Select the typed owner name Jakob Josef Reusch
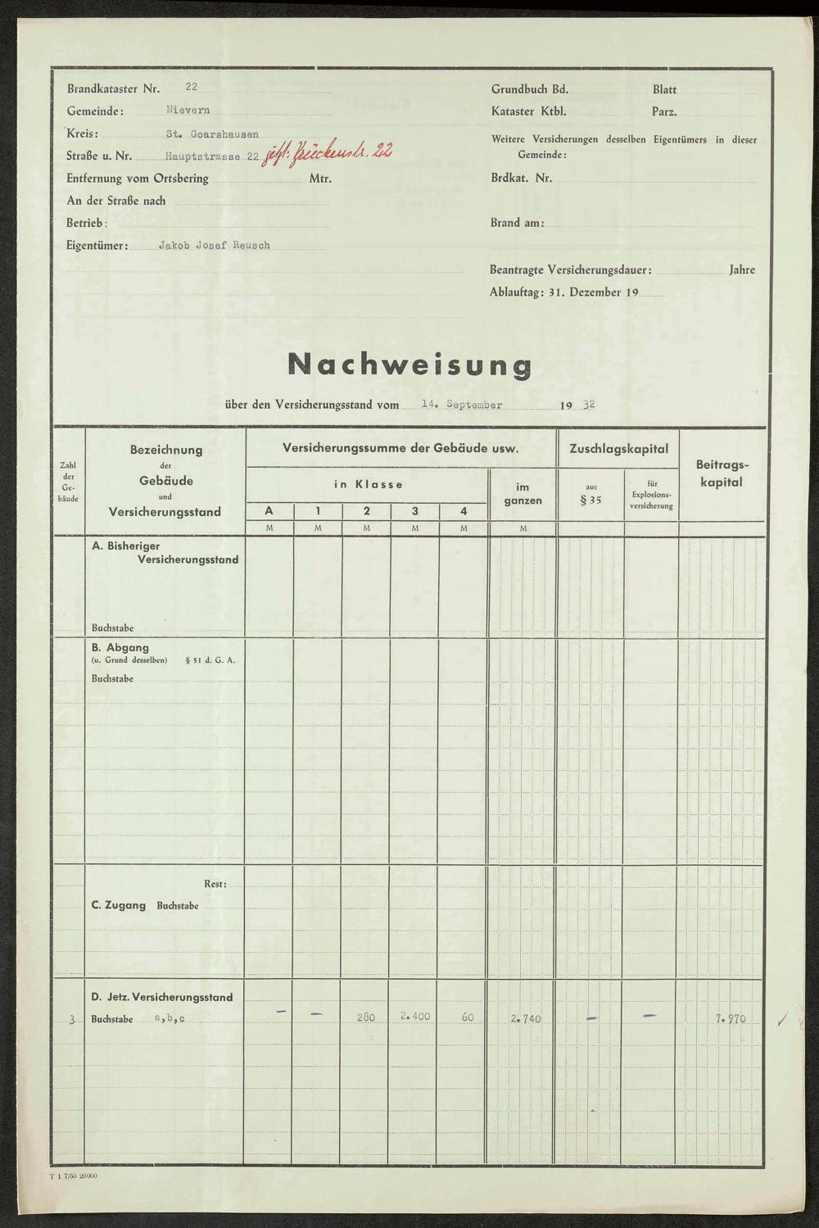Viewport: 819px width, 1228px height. [214, 245]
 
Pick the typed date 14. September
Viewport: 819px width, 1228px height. [462, 404]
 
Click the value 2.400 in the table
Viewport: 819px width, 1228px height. [415, 1017]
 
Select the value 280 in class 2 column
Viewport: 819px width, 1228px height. [366, 1017]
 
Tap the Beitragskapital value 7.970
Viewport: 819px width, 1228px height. [731, 1019]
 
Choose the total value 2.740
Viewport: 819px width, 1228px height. [525, 1019]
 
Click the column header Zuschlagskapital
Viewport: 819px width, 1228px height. [618, 449]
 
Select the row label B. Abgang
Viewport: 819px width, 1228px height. [120, 647]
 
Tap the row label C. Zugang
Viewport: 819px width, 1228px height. [119, 905]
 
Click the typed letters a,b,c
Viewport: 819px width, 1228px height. [170, 1019]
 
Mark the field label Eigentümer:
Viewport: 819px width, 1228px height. [97, 245]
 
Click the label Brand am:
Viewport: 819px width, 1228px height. [517, 223]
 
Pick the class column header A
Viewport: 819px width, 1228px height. [269, 511]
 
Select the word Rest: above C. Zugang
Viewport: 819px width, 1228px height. [215, 884]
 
